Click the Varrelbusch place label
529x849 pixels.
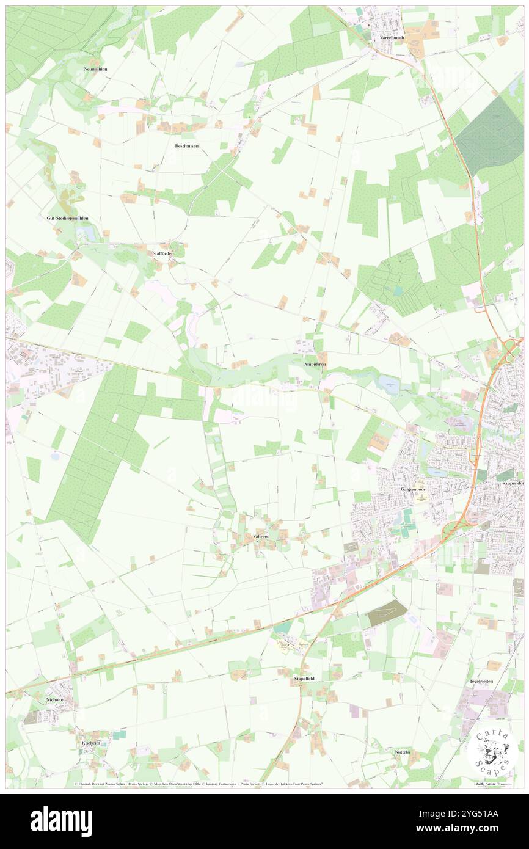pos(392,37)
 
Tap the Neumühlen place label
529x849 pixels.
pos(95,69)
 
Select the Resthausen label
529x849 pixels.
pos(187,146)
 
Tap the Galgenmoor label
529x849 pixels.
pos(412,489)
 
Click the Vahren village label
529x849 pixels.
pos(260,536)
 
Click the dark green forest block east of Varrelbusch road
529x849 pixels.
pos(489,134)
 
